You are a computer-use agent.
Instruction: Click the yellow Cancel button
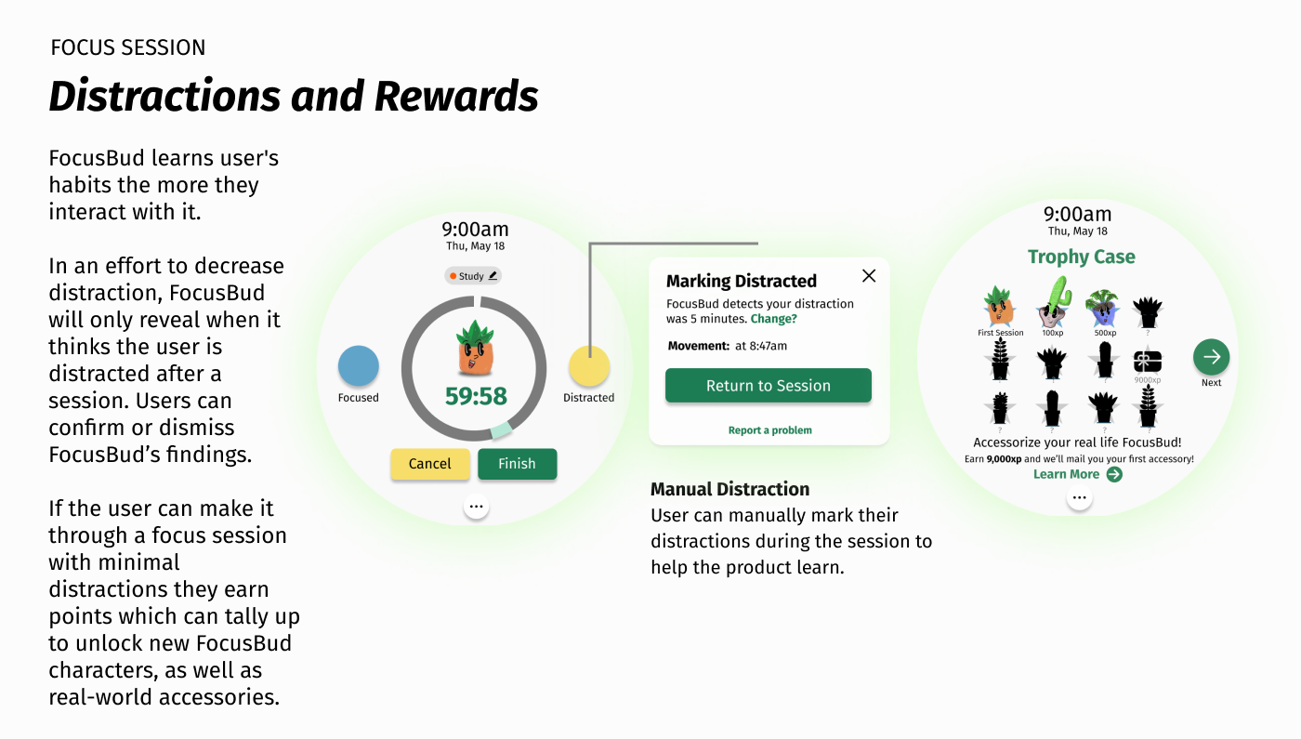(x=429, y=464)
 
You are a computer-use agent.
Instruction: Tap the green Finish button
(x=517, y=464)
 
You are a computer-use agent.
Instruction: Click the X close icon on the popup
(x=869, y=275)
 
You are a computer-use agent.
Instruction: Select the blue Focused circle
(x=359, y=366)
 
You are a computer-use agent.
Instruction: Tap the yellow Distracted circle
(x=588, y=366)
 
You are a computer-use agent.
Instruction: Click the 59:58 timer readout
(x=476, y=397)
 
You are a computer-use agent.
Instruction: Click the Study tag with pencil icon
(x=473, y=276)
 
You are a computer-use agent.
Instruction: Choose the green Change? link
(x=773, y=319)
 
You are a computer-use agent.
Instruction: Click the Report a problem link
(x=769, y=430)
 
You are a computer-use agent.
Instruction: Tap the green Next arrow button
(x=1211, y=357)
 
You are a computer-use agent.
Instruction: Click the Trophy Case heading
(x=1081, y=257)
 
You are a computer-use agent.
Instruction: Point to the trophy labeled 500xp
(x=1104, y=306)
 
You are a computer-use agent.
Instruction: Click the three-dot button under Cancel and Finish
(x=476, y=507)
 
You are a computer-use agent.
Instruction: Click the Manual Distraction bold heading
(x=729, y=489)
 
